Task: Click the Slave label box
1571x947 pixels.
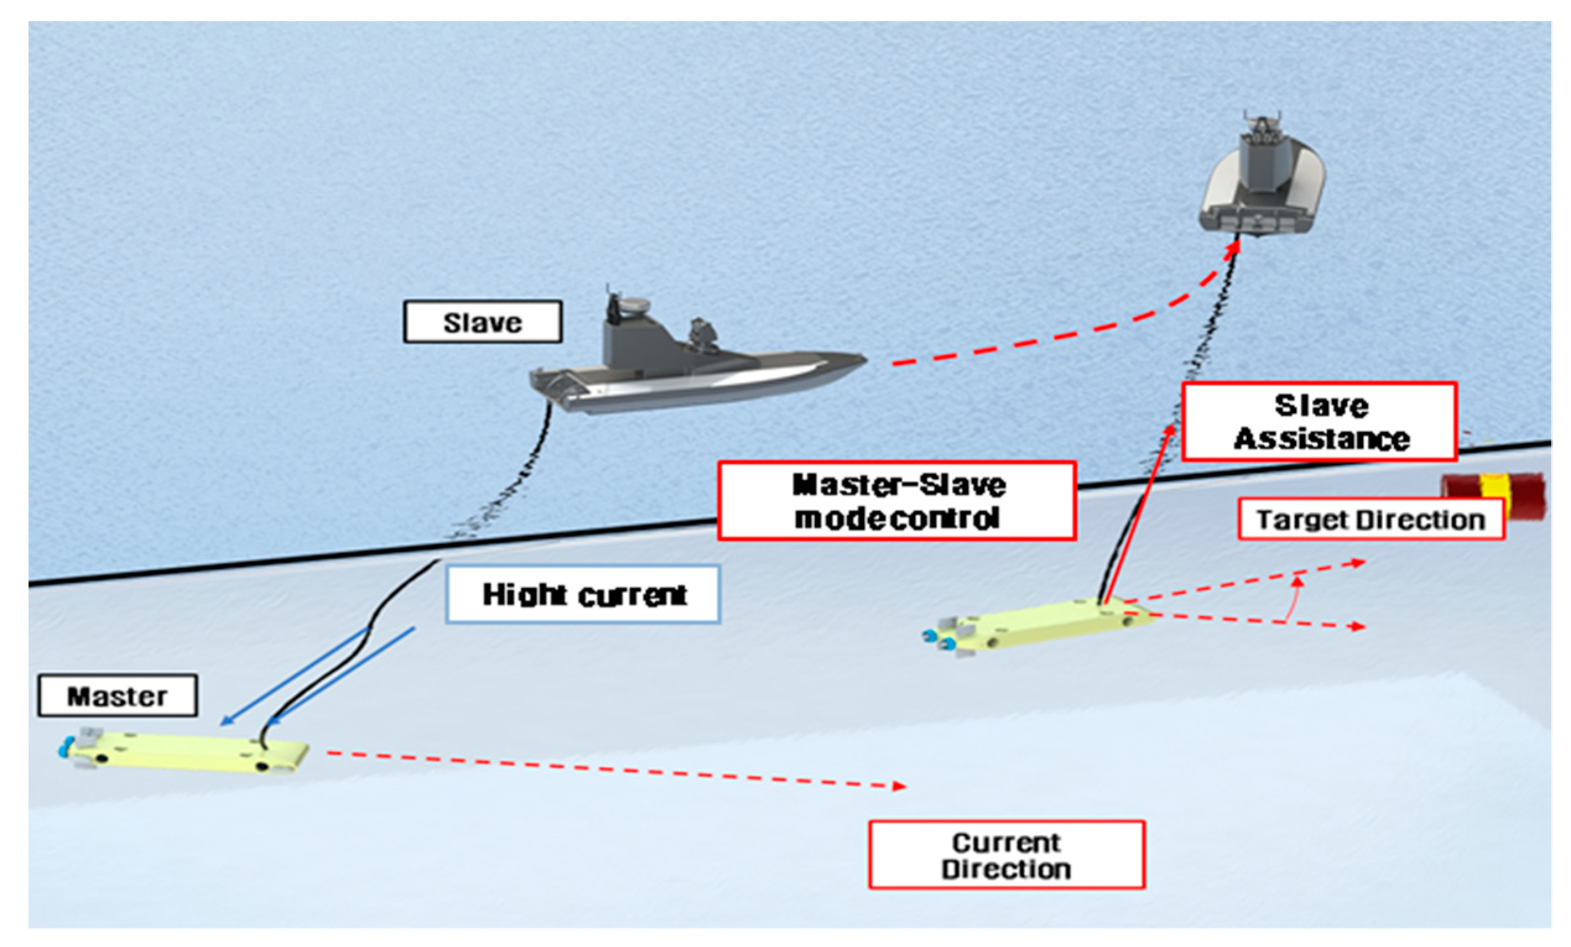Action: pos(483,322)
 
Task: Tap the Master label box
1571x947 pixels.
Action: pos(118,696)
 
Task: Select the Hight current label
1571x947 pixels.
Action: pos(583,594)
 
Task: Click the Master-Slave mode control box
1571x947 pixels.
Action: pos(897,502)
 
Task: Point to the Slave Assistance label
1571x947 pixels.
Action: pos(1320,422)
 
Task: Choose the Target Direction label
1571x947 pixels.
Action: pos(1371,520)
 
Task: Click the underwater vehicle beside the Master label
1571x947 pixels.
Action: pos(185,752)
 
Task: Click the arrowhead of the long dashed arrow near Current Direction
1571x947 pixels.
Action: pos(899,786)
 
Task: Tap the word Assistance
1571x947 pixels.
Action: pos(1321,439)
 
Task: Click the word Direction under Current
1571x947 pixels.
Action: pos(1006,869)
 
